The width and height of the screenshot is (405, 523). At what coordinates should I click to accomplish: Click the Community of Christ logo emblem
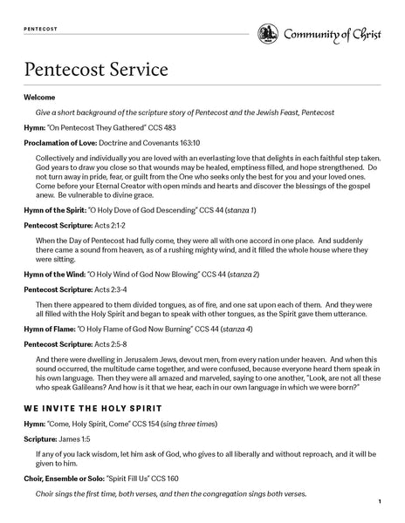268,33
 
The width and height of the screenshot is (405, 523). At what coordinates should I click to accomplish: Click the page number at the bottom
381,503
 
